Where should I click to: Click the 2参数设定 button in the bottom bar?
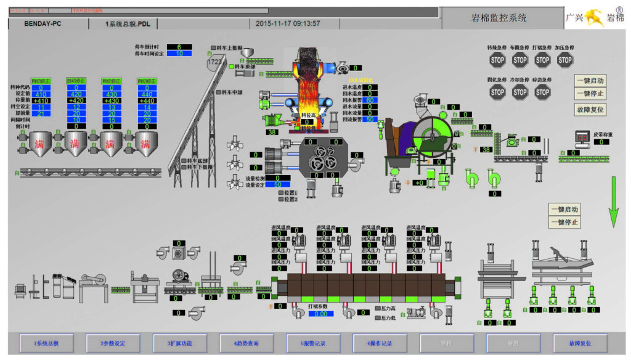coord(113,343)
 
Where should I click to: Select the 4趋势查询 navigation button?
coord(246,343)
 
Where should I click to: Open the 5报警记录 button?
coord(313,343)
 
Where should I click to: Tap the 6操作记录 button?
coord(380,343)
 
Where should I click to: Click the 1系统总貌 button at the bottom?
coord(46,343)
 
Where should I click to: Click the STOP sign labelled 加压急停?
coord(565,60)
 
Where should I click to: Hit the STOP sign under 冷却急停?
coord(520,92)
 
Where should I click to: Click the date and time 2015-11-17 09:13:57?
coord(288,23)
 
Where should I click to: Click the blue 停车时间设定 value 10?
coord(179,54)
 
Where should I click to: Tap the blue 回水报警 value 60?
coord(370,100)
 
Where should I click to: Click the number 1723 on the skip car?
coord(214,62)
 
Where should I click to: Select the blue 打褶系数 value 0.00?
coord(320,314)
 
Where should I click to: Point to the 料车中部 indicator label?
coord(231,92)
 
